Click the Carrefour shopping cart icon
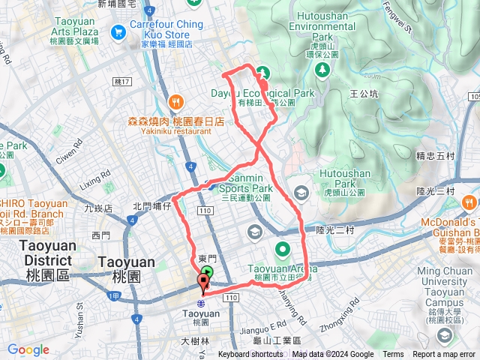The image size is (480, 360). tap(118, 32)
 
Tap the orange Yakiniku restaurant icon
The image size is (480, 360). tap(175, 101)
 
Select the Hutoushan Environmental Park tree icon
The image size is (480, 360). tap(322, 69)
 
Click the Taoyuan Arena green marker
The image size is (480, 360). tap(282, 249)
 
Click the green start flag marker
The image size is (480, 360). tap(208, 273)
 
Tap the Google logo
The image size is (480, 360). tap(28, 350)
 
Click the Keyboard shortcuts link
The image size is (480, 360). tap(251, 355)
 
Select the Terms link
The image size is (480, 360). tap(393, 355)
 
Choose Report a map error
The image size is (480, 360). tap(445, 355)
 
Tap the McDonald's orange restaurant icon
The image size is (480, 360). tap(469, 202)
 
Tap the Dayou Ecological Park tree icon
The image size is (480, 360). tap(262, 73)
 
